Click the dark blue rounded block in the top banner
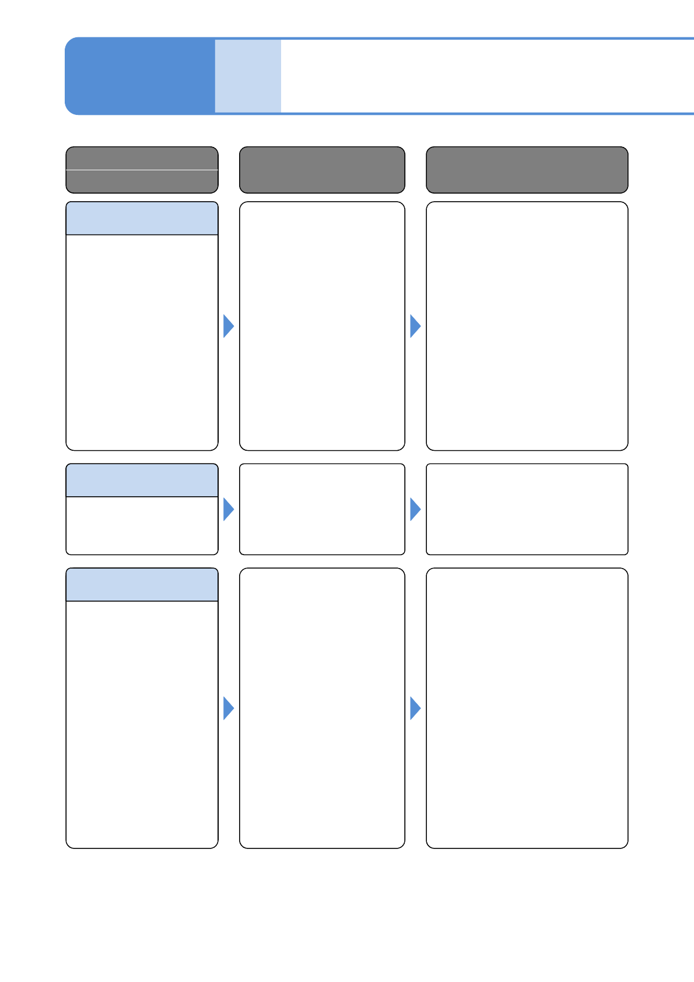(x=140, y=76)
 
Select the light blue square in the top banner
(x=248, y=76)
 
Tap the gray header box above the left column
(x=142, y=170)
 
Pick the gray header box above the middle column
(x=322, y=170)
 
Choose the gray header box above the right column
(x=527, y=170)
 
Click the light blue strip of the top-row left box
(x=142, y=219)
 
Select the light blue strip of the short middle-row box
(x=142, y=481)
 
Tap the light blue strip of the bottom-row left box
(x=142, y=585)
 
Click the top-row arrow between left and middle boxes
(x=228, y=326)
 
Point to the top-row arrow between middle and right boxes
(x=415, y=326)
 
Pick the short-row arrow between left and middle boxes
(x=228, y=509)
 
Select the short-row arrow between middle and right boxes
(x=415, y=509)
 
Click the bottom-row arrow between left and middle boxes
(x=228, y=708)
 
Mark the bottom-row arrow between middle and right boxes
(x=415, y=708)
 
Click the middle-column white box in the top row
(x=322, y=326)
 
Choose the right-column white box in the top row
(x=527, y=326)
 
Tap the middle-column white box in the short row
(x=322, y=509)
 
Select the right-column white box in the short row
(x=527, y=509)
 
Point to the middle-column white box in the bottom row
(x=322, y=708)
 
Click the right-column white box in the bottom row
(x=527, y=708)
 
